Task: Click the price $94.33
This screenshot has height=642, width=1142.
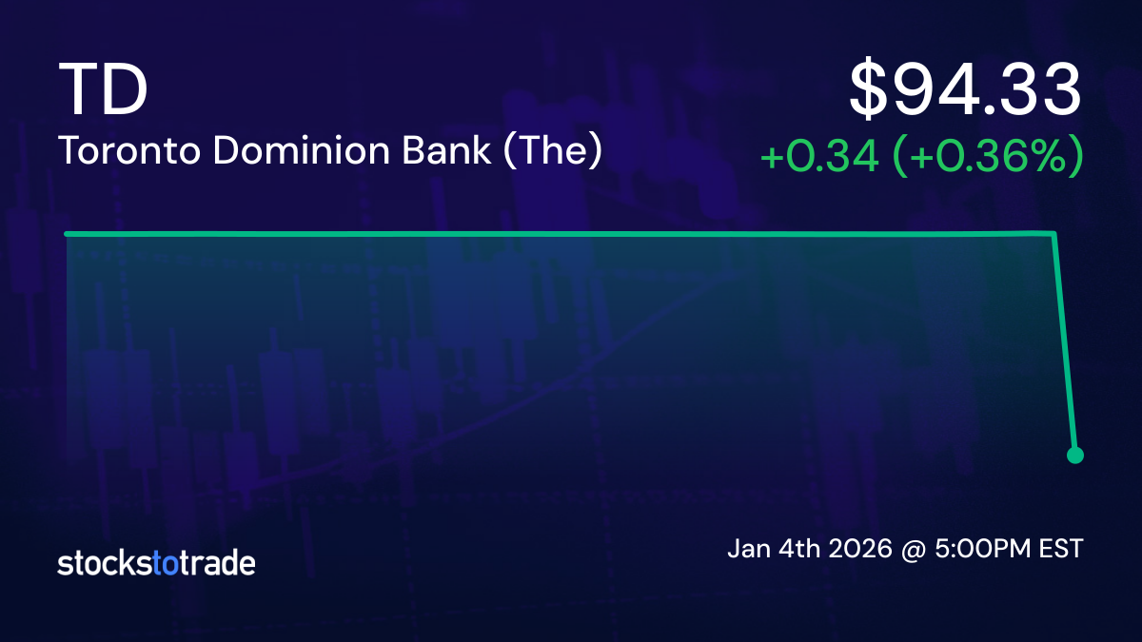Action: pyautogui.click(x=965, y=90)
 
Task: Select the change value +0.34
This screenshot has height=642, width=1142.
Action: pyautogui.click(x=818, y=158)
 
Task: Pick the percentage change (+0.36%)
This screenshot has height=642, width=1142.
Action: pyautogui.click(x=987, y=158)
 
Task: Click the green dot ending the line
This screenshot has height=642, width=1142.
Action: pyautogui.click(x=1075, y=456)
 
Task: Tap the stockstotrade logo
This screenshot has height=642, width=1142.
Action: pyautogui.click(x=156, y=563)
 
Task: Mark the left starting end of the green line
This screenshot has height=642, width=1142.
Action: pyautogui.click(x=67, y=234)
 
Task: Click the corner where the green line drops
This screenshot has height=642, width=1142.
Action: pyautogui.click(x=1054, y=234)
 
